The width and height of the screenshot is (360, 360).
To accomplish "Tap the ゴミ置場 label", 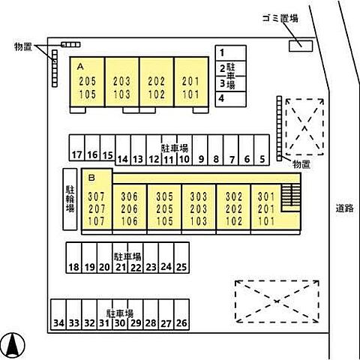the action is (x=280, y=18).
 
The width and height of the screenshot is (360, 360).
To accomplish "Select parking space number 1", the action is (x=231, y=53).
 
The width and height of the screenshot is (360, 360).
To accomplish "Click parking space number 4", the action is (x=231, y=99).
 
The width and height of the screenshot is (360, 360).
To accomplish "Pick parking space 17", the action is (x=77, y=148).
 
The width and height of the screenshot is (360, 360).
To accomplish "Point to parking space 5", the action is (x=262, y=150).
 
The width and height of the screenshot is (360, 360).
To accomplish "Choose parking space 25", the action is (x=181, y=258).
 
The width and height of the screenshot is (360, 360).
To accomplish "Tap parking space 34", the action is (x=58, y=314).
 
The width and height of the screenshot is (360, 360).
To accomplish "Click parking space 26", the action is (x=181, y=314).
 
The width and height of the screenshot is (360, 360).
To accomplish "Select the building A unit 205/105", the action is (x=87, y=82).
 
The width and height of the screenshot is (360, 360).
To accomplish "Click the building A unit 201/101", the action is (x=191, y=82).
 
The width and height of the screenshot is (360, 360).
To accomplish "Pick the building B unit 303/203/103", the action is (x=199, y=207).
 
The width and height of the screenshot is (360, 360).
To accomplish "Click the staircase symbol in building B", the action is (x=290, y=198).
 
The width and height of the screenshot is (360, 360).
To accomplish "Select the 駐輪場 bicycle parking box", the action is (x=70, y=199).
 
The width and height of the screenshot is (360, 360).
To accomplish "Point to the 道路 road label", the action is (x=344, y=208).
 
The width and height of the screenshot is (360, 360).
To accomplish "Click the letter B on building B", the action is (x=91, y=178).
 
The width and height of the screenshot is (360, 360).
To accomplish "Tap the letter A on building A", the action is (x=80, y=67).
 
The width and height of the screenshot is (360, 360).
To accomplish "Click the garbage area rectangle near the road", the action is (x=301, y=46).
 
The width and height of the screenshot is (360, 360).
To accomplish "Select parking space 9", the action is (x=200, y=150).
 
